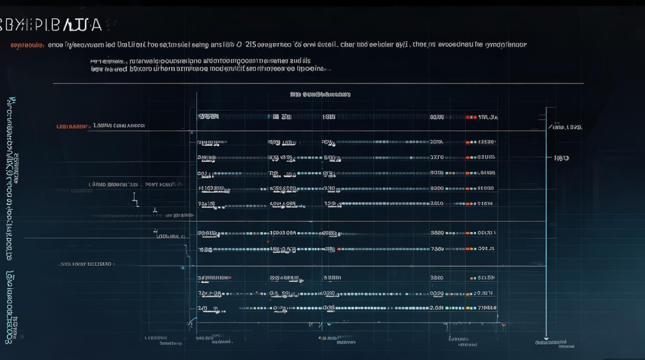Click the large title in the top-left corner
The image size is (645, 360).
[51, 25]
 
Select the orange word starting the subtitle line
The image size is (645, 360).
[27, 45]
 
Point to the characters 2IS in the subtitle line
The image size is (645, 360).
[251, 45]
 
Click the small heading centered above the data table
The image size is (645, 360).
[320, 95]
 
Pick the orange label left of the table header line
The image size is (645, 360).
[72, 127]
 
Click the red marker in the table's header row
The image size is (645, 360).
[468, 117]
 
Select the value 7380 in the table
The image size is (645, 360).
[437, 249]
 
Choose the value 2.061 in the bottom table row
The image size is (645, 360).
[436, 308]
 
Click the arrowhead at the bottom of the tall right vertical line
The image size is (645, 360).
[546, 336]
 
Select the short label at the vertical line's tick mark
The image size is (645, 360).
[561, 157]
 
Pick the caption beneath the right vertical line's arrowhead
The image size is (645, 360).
[555, 343]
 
